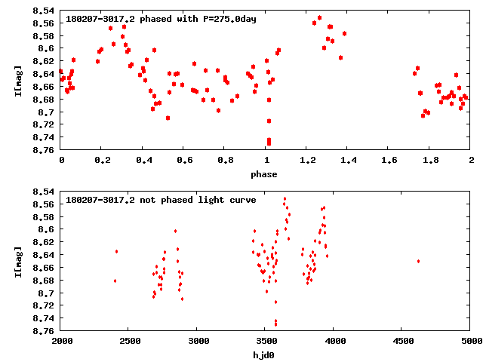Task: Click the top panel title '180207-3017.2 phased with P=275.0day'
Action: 162,19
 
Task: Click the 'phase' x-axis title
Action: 264,174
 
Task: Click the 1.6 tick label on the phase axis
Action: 389,160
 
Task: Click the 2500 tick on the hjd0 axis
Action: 129,341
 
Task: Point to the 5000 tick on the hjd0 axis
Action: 470,341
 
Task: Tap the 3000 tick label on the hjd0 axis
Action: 197,341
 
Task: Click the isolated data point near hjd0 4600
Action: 418,261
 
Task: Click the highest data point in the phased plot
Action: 320,17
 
